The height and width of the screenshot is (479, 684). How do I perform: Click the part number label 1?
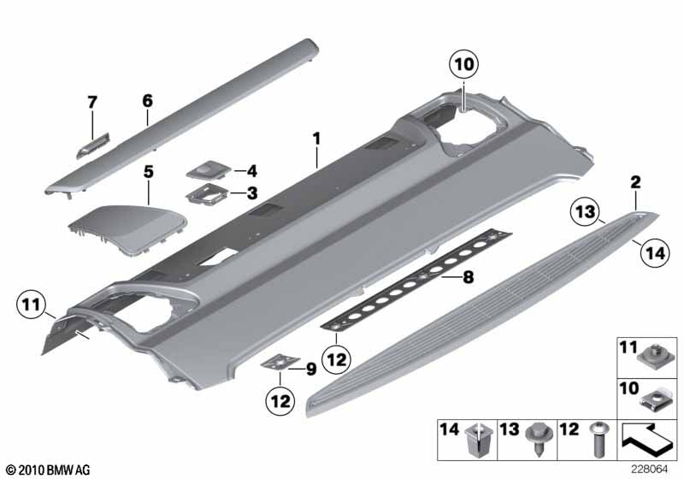pyautogui.click(x=315, y=137)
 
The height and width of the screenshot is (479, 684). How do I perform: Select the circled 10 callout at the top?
pyautogui.click(x=463, y=64)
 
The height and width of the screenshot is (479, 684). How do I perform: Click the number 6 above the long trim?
pyautogui.click(x=147, y=101)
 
